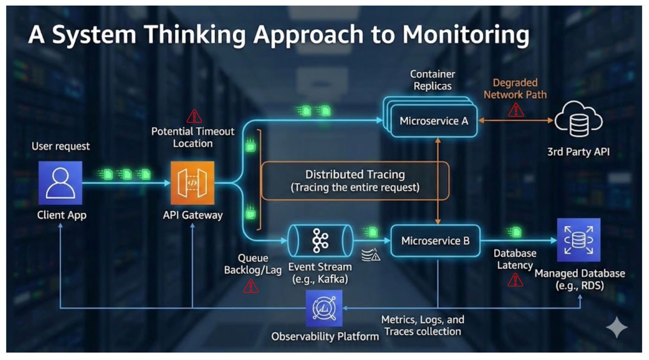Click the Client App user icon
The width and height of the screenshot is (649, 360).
pos(60,183)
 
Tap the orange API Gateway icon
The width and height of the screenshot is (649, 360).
pos(192,183)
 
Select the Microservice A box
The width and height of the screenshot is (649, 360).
pos(434,121)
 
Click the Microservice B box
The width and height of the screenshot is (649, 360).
pos(435,241)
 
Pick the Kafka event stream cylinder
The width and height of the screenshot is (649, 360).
pos(319,241)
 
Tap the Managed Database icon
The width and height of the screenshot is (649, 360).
pos(579,240)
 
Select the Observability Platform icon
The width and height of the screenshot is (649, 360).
pos(324,308)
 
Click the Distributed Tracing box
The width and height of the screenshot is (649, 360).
pos(355,181)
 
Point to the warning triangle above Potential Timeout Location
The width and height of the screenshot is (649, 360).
pos(194,115)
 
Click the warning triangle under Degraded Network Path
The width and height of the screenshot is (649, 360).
pos(515,110)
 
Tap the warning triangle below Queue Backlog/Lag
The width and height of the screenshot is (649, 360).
pos(251,286)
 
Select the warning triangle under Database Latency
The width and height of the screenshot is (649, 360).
pos(515,279)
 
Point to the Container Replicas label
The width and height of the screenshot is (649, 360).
pos(433,80)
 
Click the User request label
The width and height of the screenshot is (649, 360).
pos(61,146)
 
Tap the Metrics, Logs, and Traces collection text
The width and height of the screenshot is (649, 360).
pos(422,325)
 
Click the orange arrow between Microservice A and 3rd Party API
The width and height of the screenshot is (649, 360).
pos(515,121)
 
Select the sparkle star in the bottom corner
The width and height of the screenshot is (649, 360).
pos(617,328)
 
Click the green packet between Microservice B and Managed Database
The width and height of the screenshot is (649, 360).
pos(515,232)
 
